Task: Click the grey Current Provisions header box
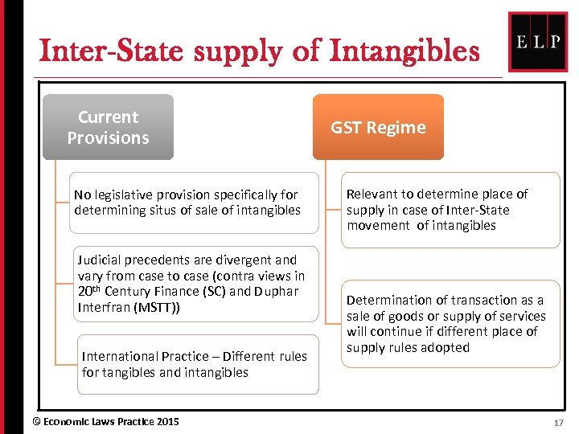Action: point(108,127)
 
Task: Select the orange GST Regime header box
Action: point(378,127)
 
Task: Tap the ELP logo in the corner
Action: point(538,42)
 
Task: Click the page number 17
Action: point(559,421)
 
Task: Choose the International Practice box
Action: point(197,364)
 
